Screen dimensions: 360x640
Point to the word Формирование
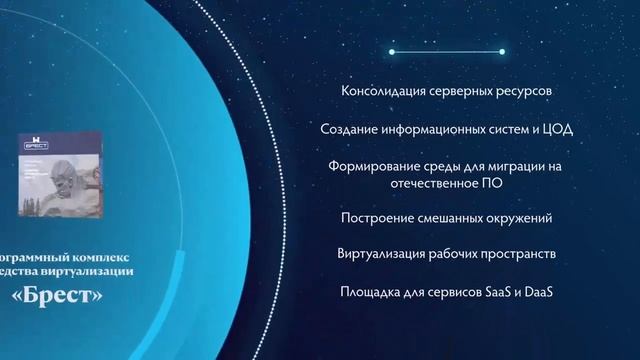371,167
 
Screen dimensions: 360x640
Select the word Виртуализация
385,254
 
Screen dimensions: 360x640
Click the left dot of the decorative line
391,51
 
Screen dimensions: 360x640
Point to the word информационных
431,130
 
